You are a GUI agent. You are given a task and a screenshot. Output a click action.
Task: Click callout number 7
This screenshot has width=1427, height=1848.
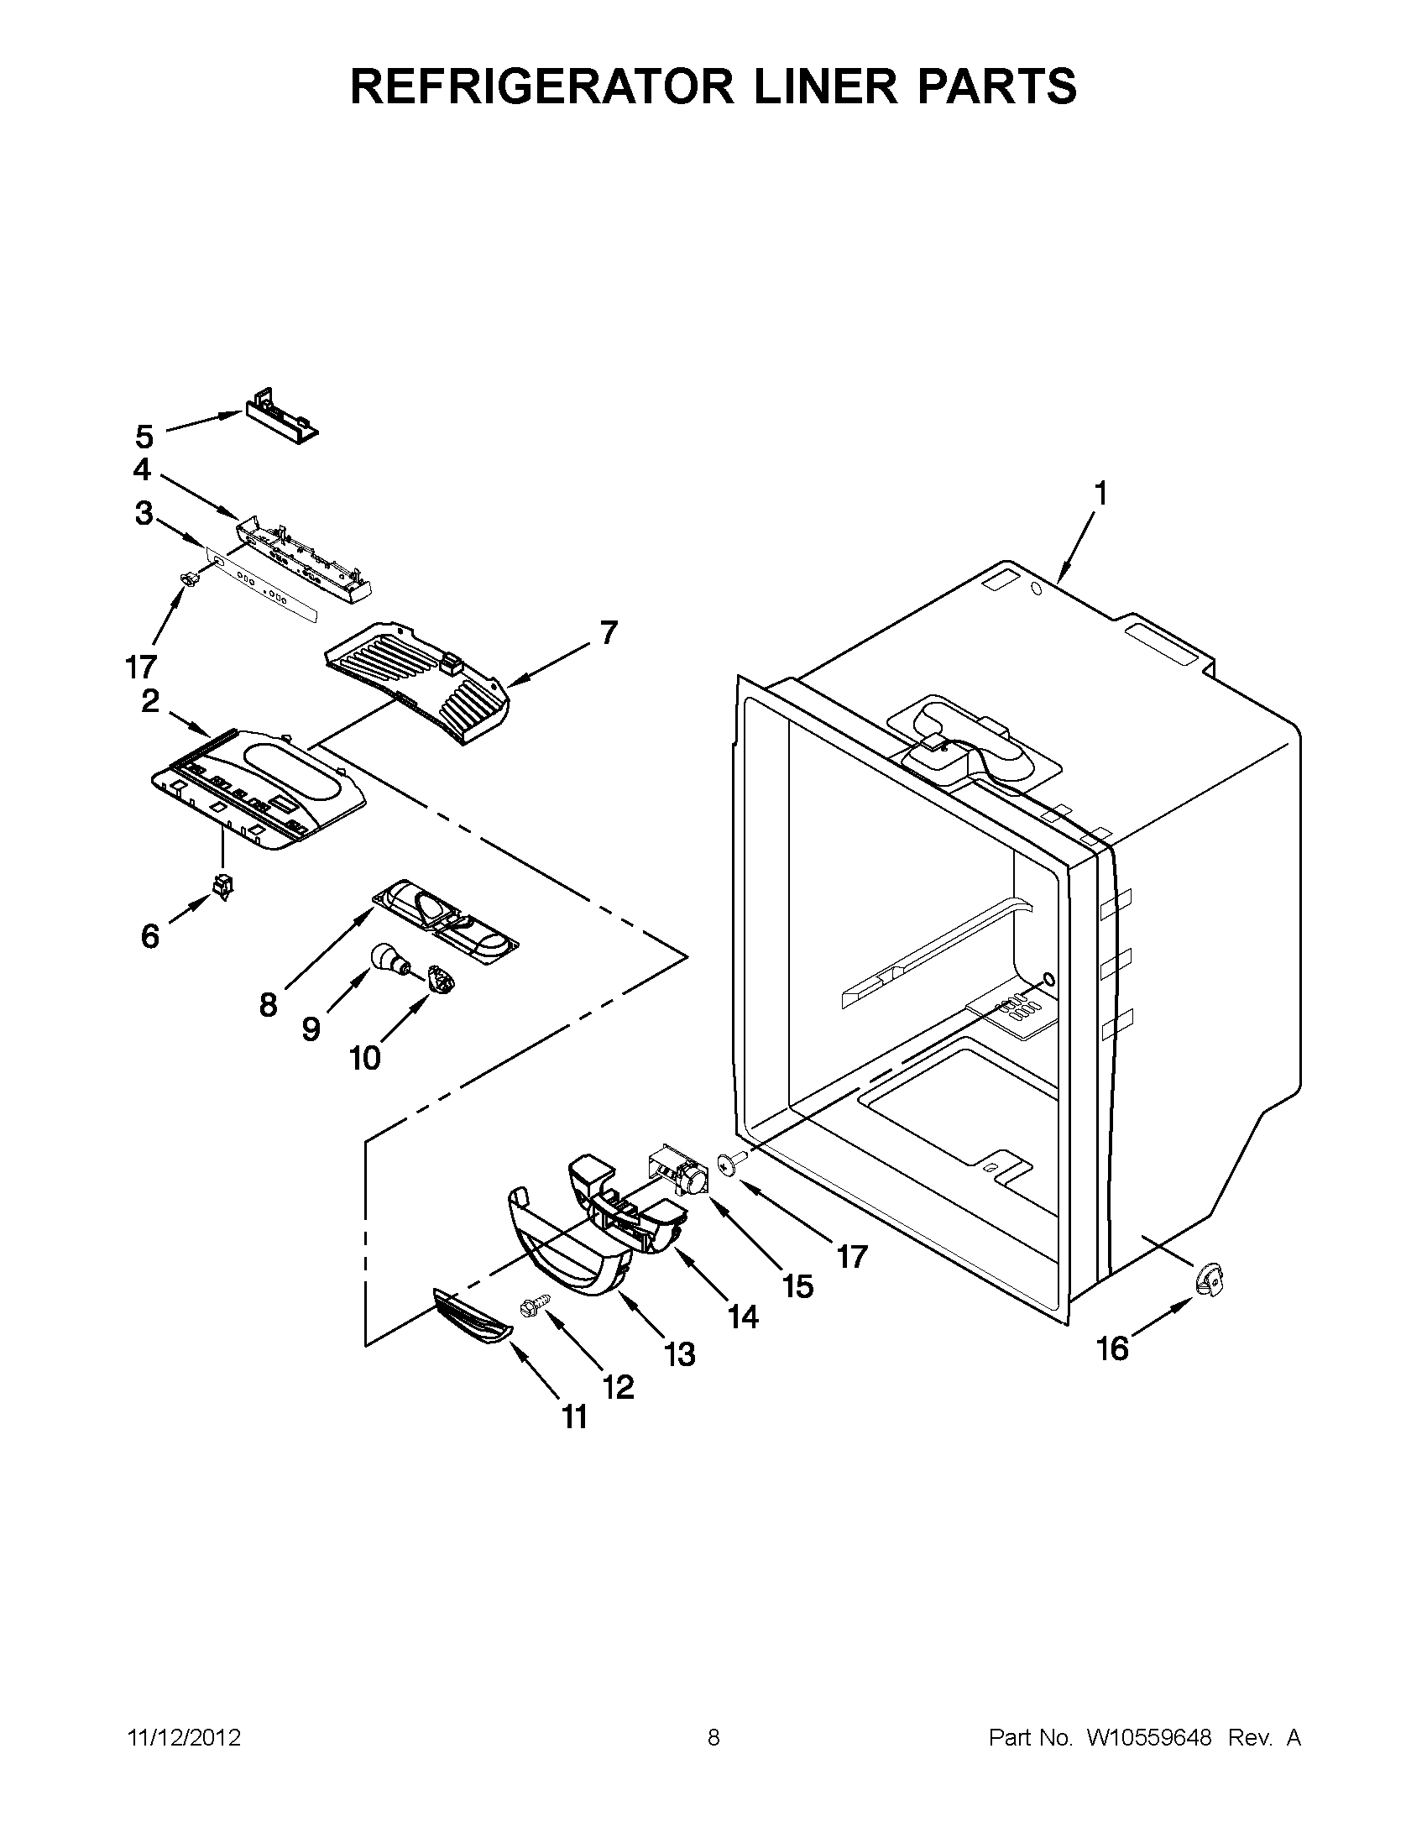[x=609, y=632]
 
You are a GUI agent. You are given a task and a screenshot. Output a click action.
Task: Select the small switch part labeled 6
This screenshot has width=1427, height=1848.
[x=224, y=886]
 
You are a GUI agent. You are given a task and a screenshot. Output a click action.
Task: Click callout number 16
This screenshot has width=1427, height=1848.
[x=1112, y=1348]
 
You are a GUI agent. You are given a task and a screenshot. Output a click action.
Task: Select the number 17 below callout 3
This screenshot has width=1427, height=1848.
[x=141, y=667]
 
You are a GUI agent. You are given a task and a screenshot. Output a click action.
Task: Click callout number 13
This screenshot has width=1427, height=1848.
[x=679, y=1354]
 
